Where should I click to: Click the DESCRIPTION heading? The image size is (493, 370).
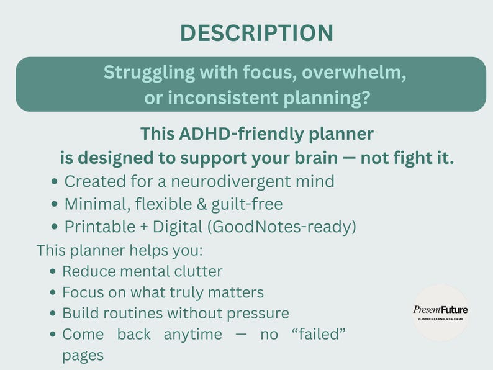[256, 33]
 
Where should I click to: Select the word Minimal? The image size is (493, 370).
[94, 204]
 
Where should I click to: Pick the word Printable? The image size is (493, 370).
[99, 227]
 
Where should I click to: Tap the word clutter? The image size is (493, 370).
[195, 271]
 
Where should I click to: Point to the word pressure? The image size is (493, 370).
[258, 313]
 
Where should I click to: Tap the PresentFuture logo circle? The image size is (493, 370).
[441, 312]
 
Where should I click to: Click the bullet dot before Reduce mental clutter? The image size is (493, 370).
[54, 272]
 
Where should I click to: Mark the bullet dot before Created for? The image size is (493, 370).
[57, 182]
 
